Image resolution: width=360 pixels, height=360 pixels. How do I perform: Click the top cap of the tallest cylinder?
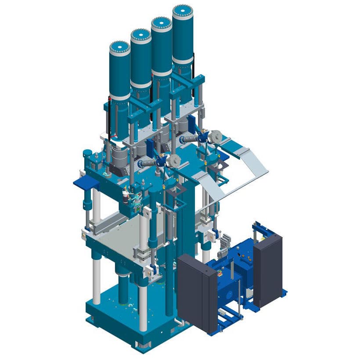183,12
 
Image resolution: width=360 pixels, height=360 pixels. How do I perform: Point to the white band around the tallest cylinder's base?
183,61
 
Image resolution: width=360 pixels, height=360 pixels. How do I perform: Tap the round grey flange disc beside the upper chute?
215,136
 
